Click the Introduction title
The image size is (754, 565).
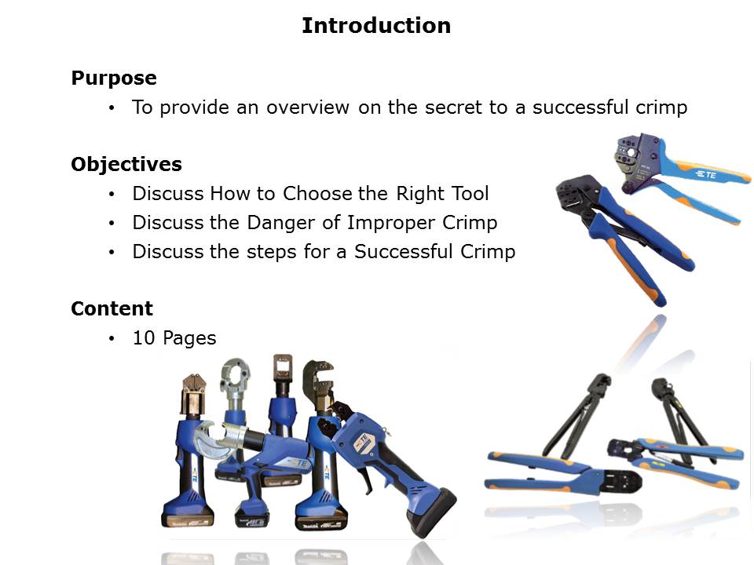[x=376, y=25]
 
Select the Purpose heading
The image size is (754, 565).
[x=114, y=78]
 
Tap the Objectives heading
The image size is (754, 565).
[x=126, y=164]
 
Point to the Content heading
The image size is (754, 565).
[x=112, y=308]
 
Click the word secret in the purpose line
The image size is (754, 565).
[x=453, y=108]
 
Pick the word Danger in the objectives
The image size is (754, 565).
[x=278, y=223]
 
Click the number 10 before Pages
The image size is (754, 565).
[x=144, y=337]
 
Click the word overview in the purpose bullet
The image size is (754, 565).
[x=308, y=108]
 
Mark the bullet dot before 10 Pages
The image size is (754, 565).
[x=112, y=339]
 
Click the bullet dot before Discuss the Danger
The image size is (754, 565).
[x=112, y=224]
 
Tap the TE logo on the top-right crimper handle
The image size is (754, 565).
[x=706, y=174]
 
